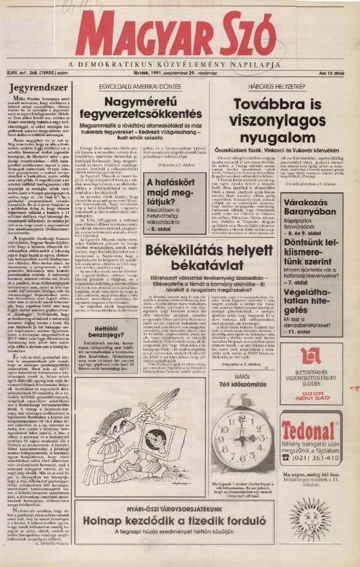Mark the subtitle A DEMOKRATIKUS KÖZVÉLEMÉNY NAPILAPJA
174,65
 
